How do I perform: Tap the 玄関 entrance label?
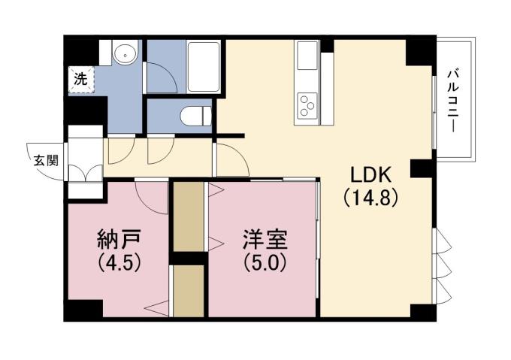click(x=42, y=159)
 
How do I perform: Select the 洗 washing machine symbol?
click(x=79, y=77)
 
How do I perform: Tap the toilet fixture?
click(x=195, y=116)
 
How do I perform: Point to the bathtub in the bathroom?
click(x=203, y=67)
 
